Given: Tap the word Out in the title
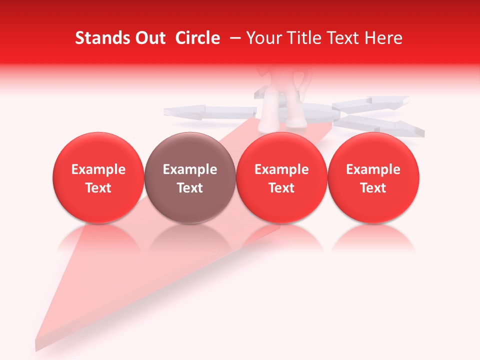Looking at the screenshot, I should coord(148,38).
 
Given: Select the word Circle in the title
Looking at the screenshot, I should coord(197,38).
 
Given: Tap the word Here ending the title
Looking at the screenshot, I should coord(384,38).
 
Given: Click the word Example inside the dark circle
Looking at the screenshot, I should coord(190,169).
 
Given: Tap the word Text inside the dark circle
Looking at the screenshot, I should coord(190,188).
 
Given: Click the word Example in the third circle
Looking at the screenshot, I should coord(281,169).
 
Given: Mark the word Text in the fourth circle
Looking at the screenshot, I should coord(373,188).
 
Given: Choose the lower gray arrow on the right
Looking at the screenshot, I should coord(385,124).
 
